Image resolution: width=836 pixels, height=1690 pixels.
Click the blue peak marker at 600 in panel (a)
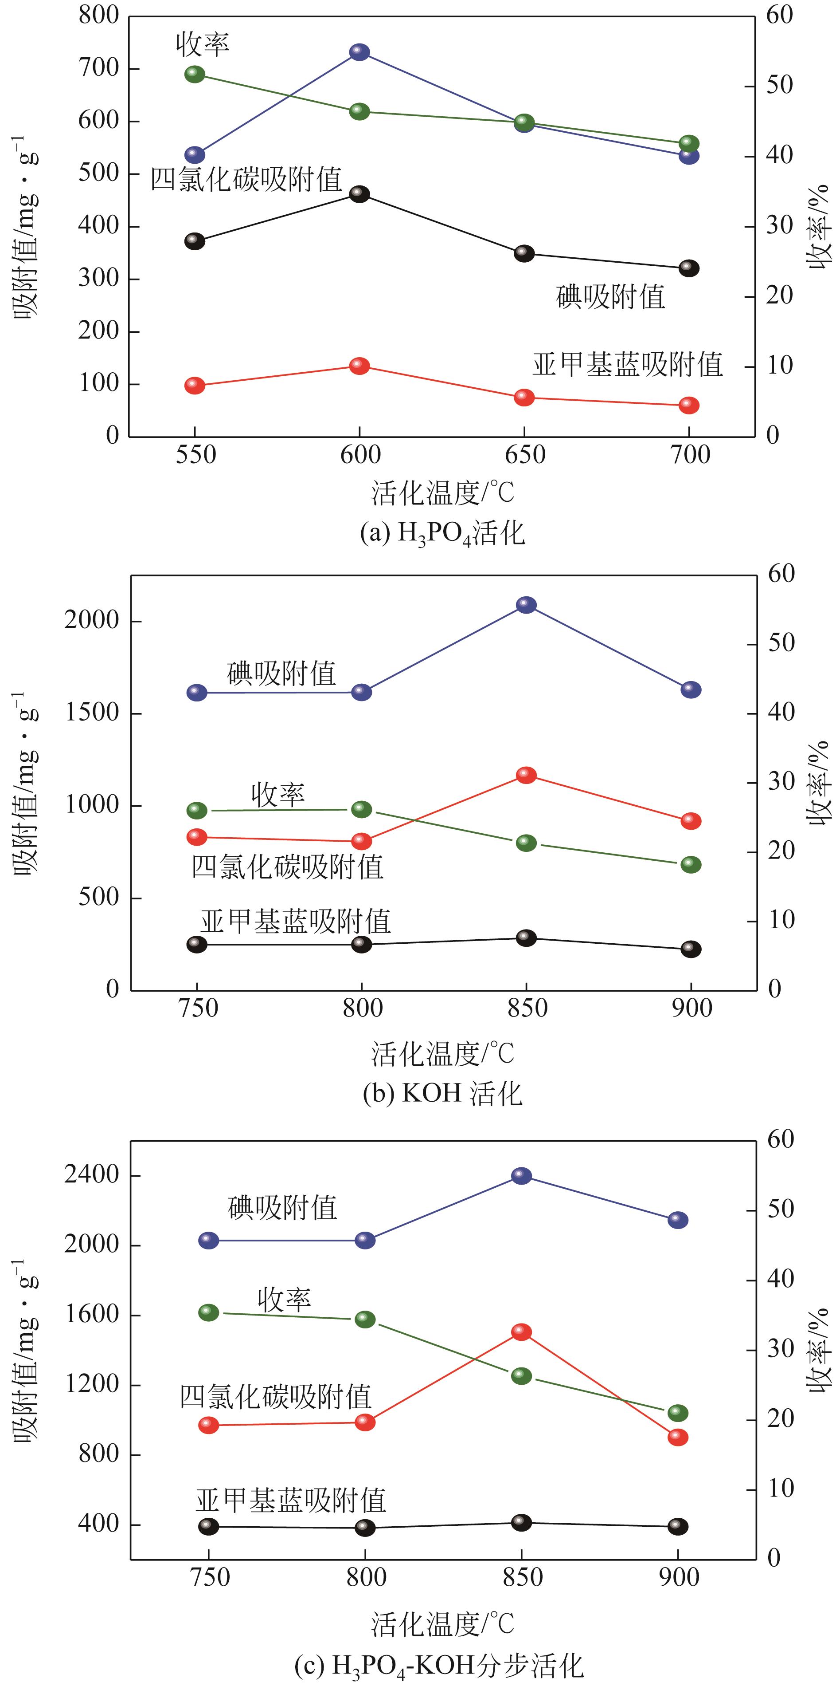click(359, 52)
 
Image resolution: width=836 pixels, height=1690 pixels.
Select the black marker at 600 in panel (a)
click(359, 193)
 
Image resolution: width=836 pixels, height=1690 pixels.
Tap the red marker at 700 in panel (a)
click(688, 405)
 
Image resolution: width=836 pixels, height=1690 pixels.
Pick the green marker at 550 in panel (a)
click(195, 74)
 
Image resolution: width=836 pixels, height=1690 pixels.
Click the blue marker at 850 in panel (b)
click(526, 605)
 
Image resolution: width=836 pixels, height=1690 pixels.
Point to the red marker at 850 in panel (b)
click(526, 775)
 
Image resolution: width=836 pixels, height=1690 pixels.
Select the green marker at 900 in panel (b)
click(691, 864)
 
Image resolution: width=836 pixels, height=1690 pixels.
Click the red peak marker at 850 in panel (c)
click(521, 1327)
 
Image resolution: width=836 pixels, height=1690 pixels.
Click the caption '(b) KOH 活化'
click(442, 1094)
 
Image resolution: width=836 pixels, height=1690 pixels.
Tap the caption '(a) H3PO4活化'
click(442, 533)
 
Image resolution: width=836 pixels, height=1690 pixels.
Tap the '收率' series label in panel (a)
click(203, 44)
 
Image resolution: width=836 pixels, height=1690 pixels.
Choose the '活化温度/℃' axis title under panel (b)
click(442, 1054)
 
